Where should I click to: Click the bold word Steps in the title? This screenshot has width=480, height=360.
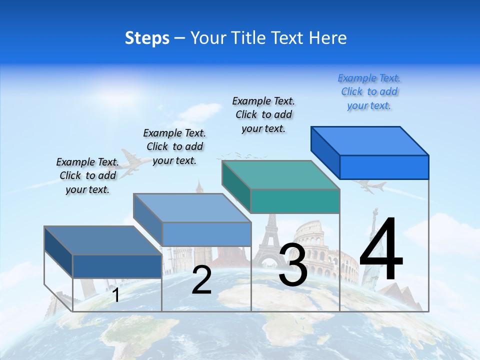click(147, 38)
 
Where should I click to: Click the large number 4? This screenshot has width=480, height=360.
click(381, 249)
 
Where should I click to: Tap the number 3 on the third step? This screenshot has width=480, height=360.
click(293, 265)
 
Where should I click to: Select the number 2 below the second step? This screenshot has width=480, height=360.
click(201, 280)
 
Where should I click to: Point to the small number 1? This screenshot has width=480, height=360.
click(116, 295)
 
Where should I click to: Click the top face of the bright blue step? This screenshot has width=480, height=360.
click(370, 140)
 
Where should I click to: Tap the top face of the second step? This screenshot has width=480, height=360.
click(192, 208)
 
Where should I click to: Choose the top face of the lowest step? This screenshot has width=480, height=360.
click(103, 240)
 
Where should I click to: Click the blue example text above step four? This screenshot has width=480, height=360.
click(369, 92)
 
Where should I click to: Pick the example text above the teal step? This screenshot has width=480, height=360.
click(263, 114)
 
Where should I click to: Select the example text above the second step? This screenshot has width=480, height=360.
click(174, 146)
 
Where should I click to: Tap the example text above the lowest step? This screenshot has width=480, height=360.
click(87, 175)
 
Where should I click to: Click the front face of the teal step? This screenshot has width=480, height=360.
click(295, 201)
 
